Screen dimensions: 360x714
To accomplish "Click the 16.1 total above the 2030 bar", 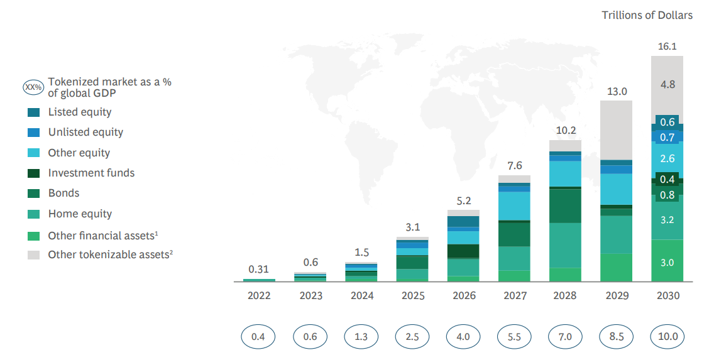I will pos(667,46).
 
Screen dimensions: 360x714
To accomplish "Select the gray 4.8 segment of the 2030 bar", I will pos(667,84).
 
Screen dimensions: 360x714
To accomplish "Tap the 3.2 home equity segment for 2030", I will pos(667,220).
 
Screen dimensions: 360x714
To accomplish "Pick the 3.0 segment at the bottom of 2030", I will pos(667,262).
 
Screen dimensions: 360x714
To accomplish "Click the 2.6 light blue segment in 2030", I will pos(667,159).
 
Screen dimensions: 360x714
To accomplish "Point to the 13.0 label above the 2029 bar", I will pos(617,92).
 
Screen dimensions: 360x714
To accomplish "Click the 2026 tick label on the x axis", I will pos(463,295).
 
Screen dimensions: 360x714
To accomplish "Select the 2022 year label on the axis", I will pos(259,295).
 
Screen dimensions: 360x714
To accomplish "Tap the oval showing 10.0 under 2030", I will pos(667,336).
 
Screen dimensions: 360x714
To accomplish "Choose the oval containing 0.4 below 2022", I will pos(258,336).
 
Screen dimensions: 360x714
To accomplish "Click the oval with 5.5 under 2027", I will pos(514,336).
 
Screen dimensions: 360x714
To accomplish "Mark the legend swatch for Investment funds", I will pos(34,173).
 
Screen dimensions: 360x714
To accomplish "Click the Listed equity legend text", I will pos(80,112).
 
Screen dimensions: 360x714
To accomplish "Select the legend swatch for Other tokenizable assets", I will pos(34,254).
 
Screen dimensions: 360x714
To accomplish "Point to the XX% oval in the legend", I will pos(33,87).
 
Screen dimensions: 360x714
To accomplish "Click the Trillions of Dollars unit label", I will pos(647,15).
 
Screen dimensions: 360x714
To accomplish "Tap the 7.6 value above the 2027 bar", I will pos(514,166).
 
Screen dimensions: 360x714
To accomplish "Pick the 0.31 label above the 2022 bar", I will pos(258,269).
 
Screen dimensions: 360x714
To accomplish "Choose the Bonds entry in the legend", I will pos(64,193).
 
